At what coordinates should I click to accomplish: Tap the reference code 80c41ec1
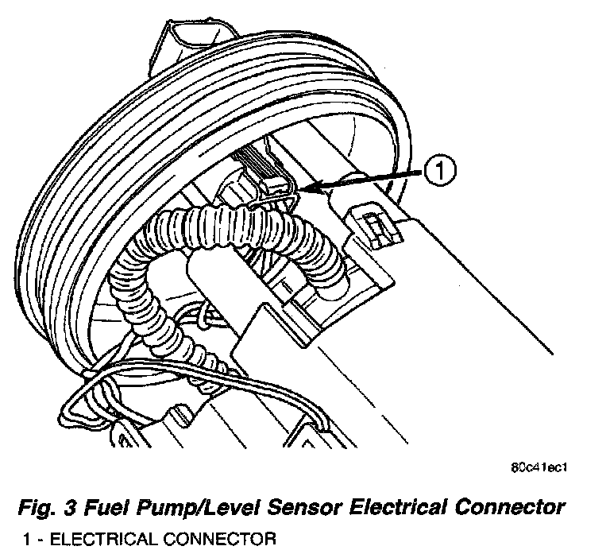pos(542,467)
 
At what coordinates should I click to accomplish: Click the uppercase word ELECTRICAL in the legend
pos(105,540)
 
